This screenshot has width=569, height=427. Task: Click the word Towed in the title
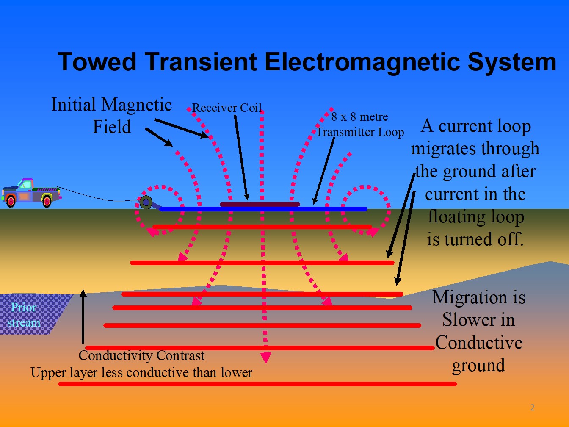[97, 62]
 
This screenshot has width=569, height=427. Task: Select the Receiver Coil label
[227, 108]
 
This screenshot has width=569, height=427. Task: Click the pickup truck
[30, 193]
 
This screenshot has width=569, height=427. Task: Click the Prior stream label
[24, 315]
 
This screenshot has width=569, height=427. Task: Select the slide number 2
[532, 408]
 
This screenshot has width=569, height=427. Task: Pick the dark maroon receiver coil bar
[260, 204]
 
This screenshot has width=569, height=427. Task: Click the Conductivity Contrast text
[141, 355]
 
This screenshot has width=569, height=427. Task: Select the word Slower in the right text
[478, 320]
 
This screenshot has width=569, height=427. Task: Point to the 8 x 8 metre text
[359, 116]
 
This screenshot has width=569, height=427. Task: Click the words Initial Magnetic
[111, 105]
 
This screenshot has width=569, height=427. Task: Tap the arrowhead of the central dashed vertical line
[265, 358]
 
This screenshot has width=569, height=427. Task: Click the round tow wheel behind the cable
[146, 202]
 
